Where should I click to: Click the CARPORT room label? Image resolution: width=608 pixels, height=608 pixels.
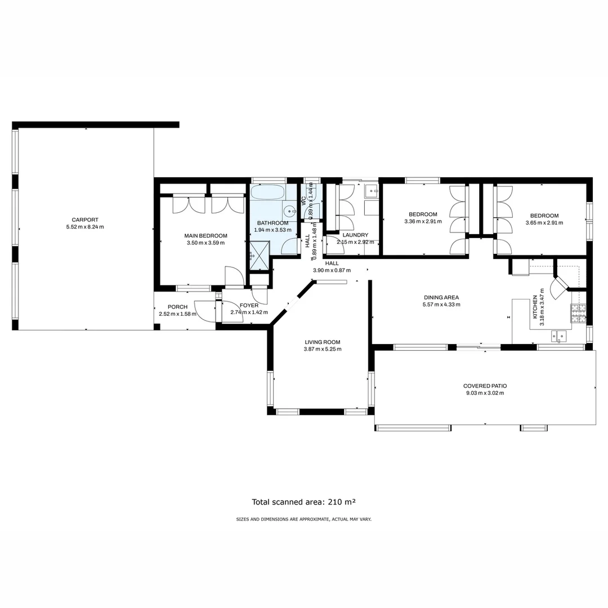(x=85, y=220)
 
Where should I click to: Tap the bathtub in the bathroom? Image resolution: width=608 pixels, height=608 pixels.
(x=268, y=193)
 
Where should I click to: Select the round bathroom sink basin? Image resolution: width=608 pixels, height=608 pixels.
(x=289, y=212)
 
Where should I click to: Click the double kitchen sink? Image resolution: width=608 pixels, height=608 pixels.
(x=558, y=336)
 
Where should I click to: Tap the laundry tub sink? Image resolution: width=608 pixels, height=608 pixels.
(x=371, y=191)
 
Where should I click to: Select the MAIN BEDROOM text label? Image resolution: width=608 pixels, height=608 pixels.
(x=205, y=236)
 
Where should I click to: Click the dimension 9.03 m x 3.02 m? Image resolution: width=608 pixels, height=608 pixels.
(x=485, y=394)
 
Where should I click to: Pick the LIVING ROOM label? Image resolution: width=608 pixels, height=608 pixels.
(x=322, y=342)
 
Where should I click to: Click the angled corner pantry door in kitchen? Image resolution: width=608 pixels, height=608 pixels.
(x=560, y=288)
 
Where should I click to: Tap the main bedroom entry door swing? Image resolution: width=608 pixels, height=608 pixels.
(x=234, y=276)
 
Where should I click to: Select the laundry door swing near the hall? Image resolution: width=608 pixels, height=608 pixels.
(x=336, y=247)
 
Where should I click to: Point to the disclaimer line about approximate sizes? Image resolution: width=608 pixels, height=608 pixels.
(x=303, y=520)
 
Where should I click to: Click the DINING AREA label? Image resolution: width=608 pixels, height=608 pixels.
(x=441, y=297)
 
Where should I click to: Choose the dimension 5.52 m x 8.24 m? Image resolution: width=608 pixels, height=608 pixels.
(x=85, y=227)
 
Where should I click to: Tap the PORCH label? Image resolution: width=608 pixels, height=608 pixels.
(x=177, y=307)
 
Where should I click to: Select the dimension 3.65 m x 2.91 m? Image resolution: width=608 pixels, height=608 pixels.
(x=544, y=222)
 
